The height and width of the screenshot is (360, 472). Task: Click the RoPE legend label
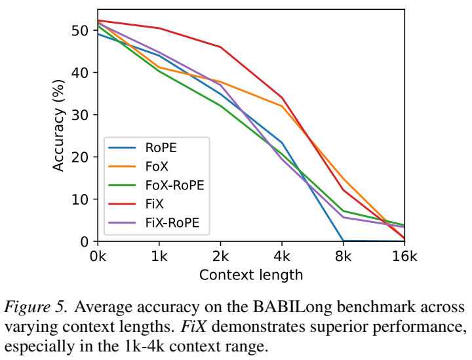161,148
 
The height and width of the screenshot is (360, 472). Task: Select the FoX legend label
157,166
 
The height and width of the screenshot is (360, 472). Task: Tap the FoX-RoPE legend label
174,185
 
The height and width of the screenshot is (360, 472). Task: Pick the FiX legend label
154,204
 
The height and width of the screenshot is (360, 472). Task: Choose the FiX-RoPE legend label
172,223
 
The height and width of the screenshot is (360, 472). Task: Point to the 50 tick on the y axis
80,30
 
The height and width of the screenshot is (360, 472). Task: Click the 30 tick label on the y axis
80,115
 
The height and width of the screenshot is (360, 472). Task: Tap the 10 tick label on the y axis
80,199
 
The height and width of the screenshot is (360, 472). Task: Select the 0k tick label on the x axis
98,256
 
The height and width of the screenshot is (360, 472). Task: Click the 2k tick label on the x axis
221,256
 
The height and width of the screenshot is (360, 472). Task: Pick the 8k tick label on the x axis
343,256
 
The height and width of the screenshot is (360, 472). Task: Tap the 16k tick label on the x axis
404,256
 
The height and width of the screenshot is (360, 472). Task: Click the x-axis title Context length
250,275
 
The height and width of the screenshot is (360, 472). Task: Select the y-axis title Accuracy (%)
58,125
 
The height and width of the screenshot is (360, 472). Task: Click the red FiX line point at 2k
221,47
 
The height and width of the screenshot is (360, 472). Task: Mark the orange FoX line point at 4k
282,106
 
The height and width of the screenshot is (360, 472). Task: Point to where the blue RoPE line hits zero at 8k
343,241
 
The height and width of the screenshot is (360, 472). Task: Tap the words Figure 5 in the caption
35,307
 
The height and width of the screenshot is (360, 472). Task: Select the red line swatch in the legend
122,204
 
